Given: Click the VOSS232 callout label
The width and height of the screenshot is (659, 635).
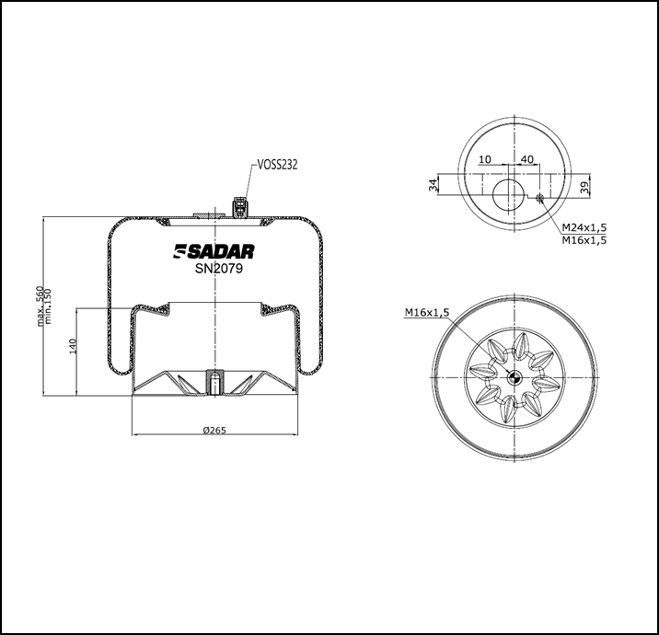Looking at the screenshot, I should (277, 166).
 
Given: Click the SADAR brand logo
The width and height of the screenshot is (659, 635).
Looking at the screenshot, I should (214, 251).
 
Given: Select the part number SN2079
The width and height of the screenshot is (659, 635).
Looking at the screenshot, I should (214, 269).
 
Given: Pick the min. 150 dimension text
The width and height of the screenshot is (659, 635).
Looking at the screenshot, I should (49, 306).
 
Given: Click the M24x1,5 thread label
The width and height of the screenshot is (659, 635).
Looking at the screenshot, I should (584, 226).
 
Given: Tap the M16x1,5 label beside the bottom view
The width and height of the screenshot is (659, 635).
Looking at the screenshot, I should (426, 313).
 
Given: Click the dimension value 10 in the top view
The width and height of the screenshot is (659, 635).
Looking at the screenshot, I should (485, 159).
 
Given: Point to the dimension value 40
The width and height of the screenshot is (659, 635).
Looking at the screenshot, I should (527, 159).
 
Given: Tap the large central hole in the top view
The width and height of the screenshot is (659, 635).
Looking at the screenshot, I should (505, 195).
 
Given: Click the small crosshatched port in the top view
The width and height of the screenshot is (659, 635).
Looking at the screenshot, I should (540, 196).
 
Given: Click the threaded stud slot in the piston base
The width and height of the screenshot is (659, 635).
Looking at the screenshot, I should (214, 381).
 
